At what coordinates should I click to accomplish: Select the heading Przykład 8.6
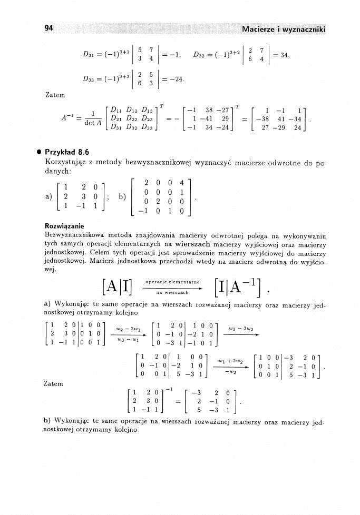(67, 152)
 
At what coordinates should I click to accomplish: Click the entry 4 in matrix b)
(180, 183)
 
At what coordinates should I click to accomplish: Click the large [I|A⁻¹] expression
(239, 288)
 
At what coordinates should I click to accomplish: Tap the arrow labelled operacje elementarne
(173, 288)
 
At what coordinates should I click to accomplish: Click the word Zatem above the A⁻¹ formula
(55, 95)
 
